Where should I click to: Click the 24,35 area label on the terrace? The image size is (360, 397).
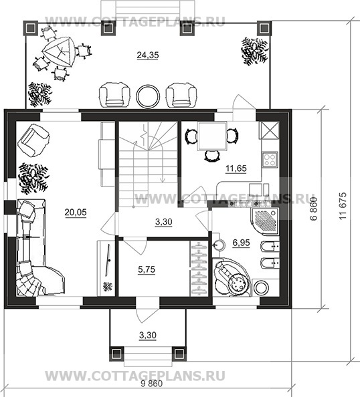point(148,55)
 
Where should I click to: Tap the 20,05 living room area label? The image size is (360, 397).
point(76,213)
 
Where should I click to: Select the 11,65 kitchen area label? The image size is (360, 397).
point(236,168)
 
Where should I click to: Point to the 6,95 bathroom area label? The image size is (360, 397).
point(241,243)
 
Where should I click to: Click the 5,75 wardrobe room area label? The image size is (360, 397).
point(147,269)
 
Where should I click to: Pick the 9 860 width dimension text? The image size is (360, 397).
point(152,384)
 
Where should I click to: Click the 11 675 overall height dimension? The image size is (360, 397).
point(343,206)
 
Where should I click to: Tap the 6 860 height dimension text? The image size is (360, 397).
point(314,209)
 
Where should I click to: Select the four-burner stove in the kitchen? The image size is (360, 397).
point(270,160)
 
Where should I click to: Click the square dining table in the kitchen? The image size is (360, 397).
point(212,136)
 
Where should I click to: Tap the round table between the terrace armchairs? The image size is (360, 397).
point(148,96)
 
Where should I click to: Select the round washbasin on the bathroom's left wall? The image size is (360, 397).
point(219,245)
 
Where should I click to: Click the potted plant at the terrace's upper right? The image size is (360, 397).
point(254,51)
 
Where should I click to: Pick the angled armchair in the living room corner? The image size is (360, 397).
point(33,140)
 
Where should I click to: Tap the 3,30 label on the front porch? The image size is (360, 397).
point(148,336)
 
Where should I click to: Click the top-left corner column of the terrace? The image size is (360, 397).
point(30,27)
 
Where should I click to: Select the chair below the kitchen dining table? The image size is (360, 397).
point(212,156)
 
